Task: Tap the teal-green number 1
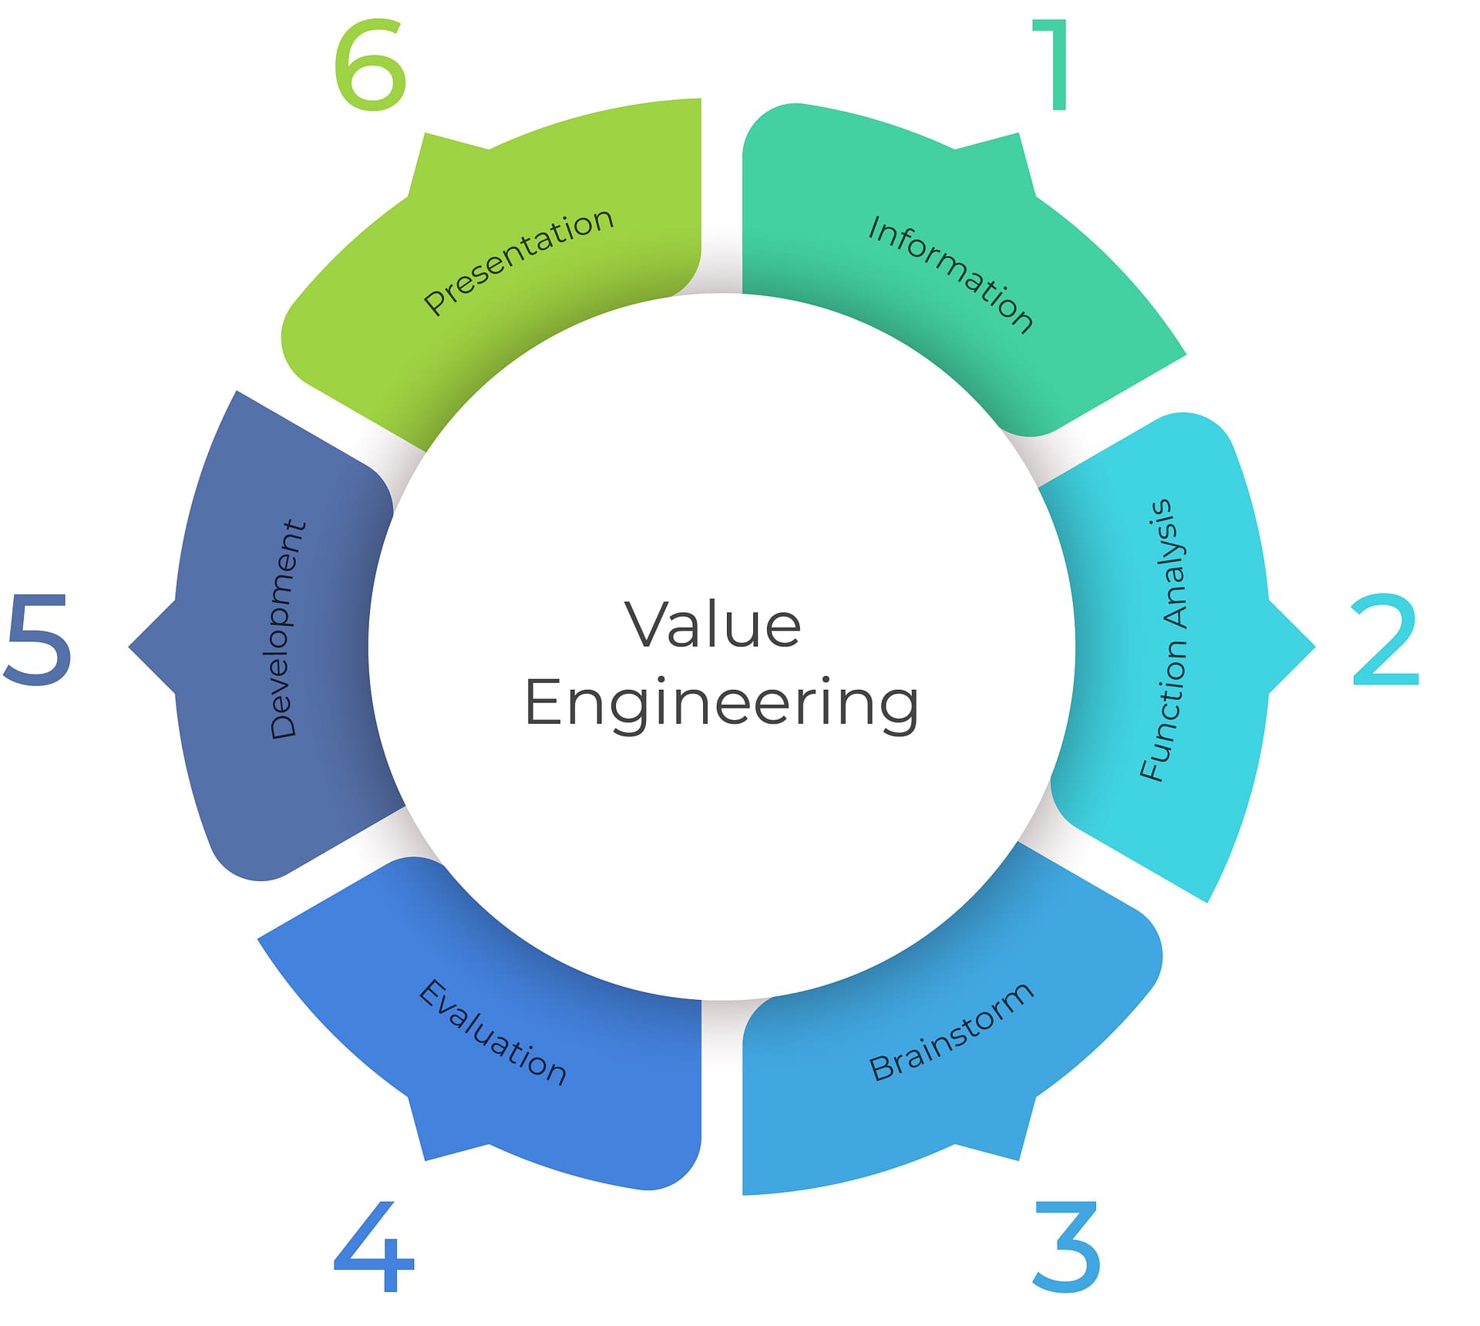coord(1054,66)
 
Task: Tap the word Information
coord(950,274)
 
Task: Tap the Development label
coord(288,628)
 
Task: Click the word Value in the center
coord(713,624)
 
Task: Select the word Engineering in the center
coord(721,703)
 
